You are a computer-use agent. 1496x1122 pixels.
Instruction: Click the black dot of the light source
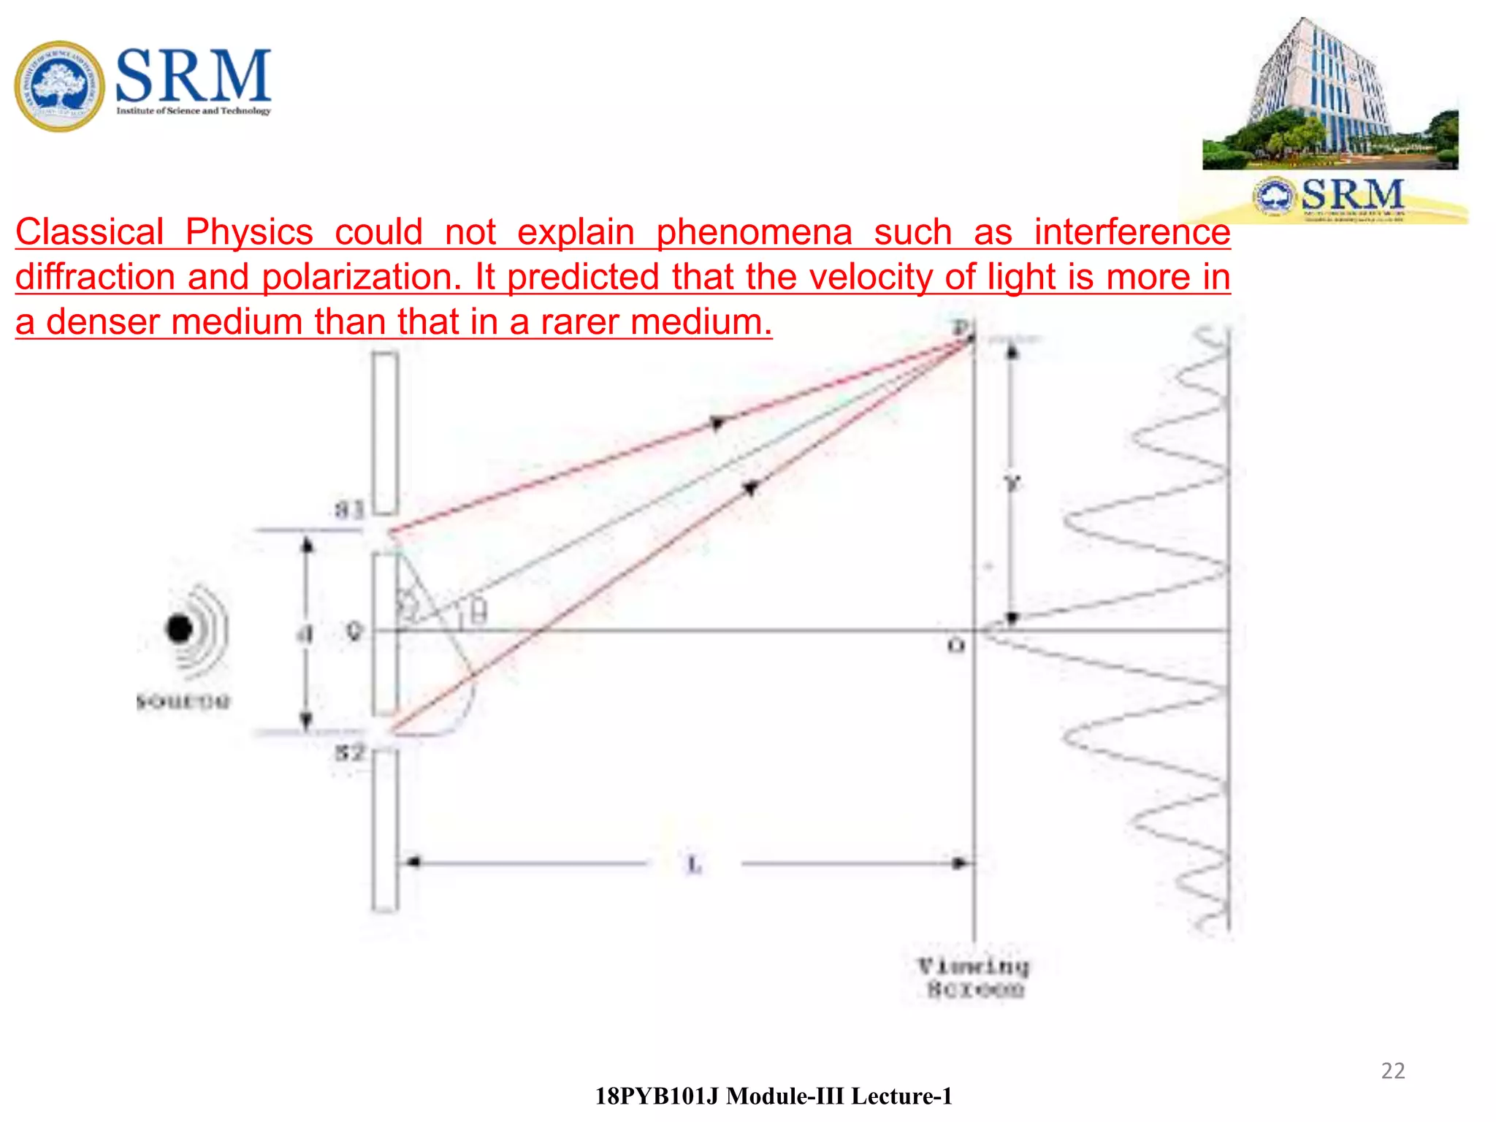click(179, 628)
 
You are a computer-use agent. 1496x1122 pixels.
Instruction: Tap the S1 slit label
click(349, 508)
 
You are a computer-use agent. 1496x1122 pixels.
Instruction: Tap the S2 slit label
click(349, 752)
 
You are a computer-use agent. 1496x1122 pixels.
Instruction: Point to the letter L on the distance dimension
click(694, 865)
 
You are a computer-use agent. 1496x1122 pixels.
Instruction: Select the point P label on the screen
click(962, 327)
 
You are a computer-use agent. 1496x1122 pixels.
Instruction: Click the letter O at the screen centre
click(955, 646)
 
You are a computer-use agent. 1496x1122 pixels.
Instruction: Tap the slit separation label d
click(305, 634)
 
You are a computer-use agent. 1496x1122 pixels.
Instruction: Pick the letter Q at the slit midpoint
click(354, 631)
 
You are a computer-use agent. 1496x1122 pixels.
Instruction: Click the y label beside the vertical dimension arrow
click(1012, 484)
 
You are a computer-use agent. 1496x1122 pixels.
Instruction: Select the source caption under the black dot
click(183, 702)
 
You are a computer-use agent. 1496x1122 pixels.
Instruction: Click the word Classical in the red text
click(89, 232)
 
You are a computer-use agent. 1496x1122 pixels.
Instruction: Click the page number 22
click(1392, 1071)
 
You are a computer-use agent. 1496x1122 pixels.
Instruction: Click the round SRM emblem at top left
click(59, 86)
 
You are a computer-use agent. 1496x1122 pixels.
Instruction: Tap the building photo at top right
click(1329, 95)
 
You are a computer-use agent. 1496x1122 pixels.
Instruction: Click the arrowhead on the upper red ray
click(717, 423)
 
